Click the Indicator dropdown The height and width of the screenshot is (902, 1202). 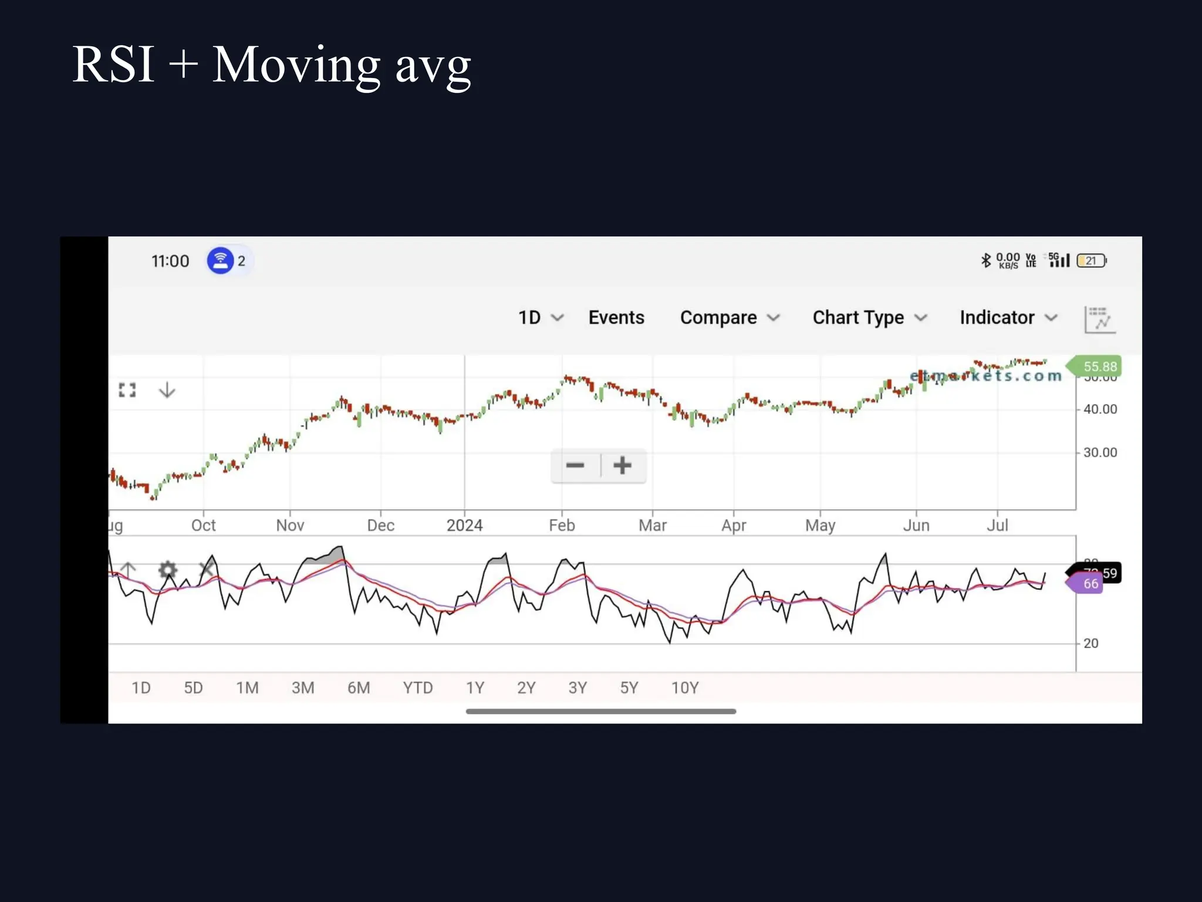1008,318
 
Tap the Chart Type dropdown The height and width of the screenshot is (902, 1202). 869,318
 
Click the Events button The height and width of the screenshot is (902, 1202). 616,318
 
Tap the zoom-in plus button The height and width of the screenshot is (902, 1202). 622,466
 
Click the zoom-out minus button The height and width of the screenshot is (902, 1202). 575,466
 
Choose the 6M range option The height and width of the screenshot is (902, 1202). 359,688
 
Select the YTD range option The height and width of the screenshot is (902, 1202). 418,688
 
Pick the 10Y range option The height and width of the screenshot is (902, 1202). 685,688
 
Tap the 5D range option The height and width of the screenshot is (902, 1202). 193,688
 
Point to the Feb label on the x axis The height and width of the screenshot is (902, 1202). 562,525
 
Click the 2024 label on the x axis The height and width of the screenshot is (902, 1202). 464,525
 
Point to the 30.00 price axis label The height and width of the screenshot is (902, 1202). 1100,453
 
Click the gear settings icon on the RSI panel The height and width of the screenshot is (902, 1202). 168,569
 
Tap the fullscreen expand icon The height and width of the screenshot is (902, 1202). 127,390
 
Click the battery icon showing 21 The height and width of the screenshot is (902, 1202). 1091,261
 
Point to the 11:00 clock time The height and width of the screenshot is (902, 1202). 170,261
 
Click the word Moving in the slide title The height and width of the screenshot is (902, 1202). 296,65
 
